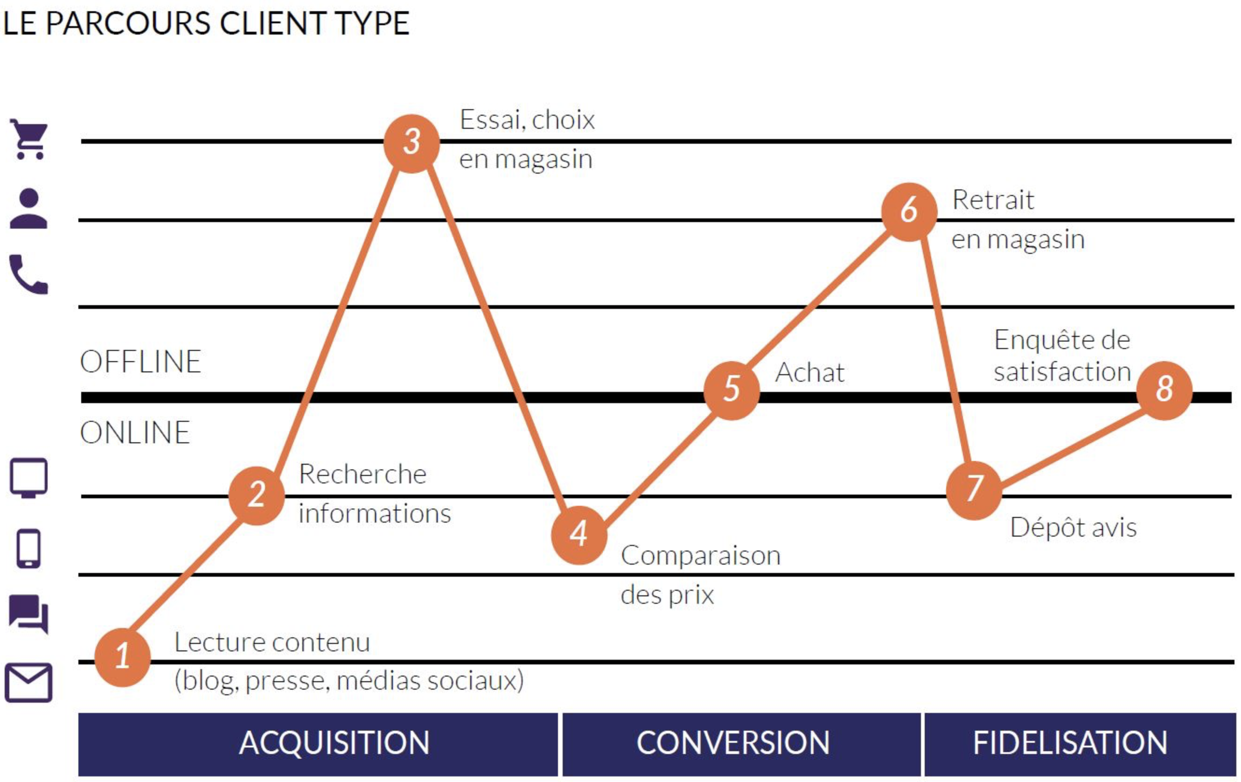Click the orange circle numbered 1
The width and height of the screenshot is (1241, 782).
(x=123, y=657)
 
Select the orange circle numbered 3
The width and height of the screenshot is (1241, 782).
(x=411, y=143)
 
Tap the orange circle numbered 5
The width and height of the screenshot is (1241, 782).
(x=732, y=390)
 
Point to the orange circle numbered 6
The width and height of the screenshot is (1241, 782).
(x=909, y=211)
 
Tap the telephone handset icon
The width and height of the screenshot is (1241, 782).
(x=29, y=274)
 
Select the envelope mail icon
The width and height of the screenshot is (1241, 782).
(x=28, y=683)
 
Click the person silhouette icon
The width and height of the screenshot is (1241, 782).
(x=28, y=208)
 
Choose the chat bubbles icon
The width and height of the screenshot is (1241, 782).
(x=29, y=614)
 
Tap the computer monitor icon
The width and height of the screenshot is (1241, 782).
(x=29, y=478)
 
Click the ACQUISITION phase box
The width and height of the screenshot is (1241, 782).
(x=318, y=744)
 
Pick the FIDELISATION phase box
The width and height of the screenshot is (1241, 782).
(x=1080, y=744)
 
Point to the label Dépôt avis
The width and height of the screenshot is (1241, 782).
(x=1073, y=528)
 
